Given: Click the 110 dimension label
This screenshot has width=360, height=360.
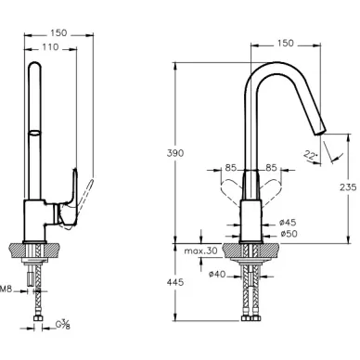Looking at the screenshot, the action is click(x=50, y=47).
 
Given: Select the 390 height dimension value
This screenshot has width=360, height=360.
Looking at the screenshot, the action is click(x=175, y=153).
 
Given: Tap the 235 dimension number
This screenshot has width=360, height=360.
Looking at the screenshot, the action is click(x=348, y=187).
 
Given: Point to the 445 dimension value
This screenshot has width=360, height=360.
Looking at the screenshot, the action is click(x=175, y=282).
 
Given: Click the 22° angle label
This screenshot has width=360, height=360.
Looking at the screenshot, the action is click(x=311, y=155).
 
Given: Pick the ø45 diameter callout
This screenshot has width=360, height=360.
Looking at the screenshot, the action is click(x=288, y=222).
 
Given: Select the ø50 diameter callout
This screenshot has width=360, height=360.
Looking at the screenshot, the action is click(x=289, y=234).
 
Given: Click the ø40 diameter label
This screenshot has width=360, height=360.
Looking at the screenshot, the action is click(x=217, y=274).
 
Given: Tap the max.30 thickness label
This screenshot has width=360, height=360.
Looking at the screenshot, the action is click(x=201, y=251).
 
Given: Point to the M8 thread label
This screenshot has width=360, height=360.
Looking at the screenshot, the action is click(x=6, y=289).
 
